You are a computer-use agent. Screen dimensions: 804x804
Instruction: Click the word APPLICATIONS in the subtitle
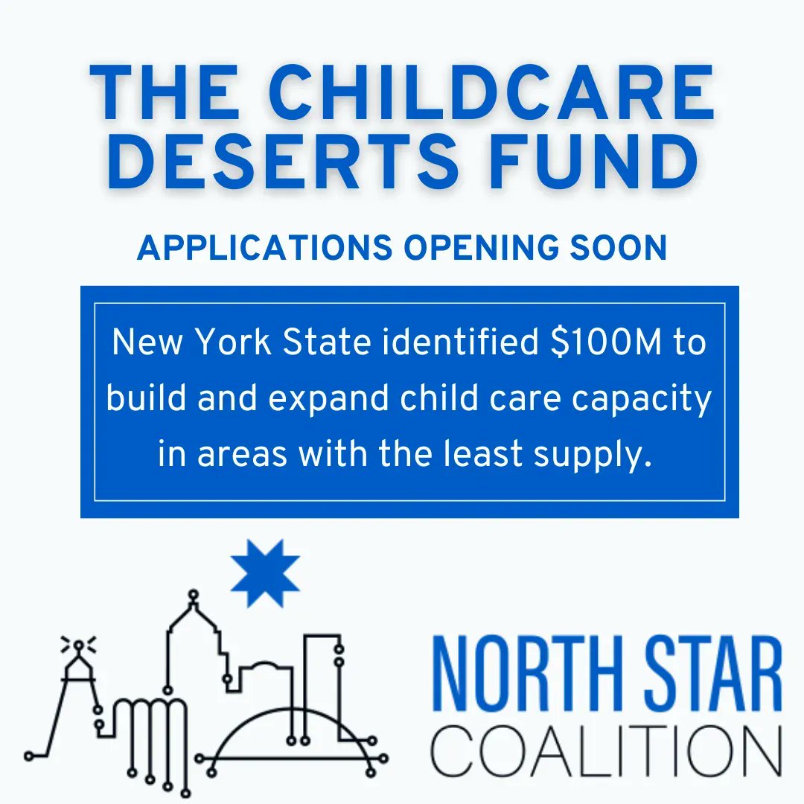pos(263,248)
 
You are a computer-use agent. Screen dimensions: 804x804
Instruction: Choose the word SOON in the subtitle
pos(619,248)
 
